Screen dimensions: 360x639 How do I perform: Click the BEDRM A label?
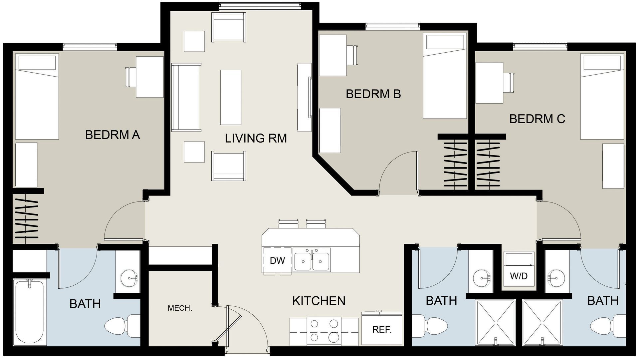[112, 135]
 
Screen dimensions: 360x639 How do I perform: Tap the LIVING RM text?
[256, 138]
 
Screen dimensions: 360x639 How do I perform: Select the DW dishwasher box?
[277, 260]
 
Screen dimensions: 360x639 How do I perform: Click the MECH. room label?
[180, 308]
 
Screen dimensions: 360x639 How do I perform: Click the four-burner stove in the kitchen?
[323, 331]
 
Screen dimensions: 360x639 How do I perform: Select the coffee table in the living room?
[231, 97]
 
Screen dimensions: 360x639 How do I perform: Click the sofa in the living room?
[186, 98]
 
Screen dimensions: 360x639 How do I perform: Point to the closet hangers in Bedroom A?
[27, 218]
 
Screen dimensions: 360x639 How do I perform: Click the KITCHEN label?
[319, 301]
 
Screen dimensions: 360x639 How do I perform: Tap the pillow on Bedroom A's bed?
[37, 62]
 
